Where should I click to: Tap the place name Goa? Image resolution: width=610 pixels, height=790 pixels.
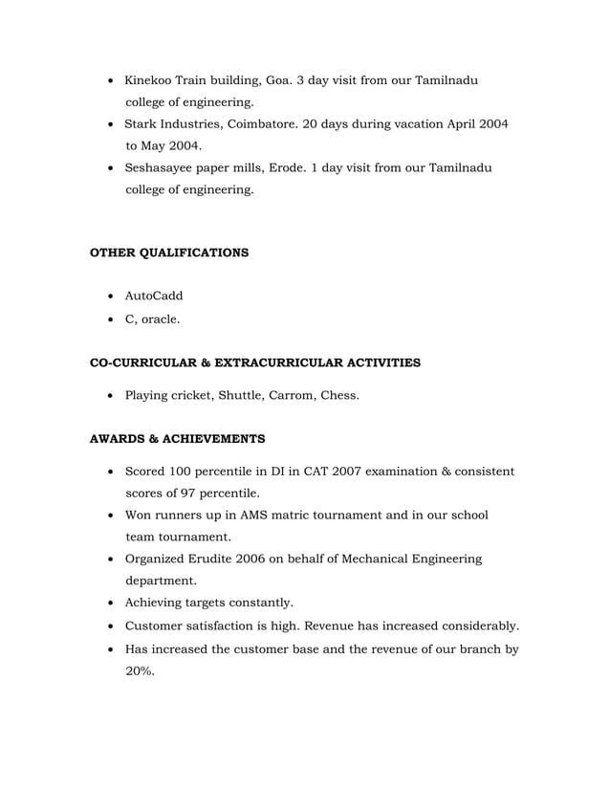pos(287,79)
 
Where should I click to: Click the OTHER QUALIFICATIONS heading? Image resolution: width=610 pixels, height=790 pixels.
pos(168,253)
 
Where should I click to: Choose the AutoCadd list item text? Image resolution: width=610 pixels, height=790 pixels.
pos(154,296)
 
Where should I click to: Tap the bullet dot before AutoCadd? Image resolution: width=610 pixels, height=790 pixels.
pos(114,297)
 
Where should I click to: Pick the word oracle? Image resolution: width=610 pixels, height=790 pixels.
pos(161,319)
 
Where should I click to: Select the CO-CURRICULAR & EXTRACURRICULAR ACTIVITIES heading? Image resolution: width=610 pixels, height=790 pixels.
pos(254,363)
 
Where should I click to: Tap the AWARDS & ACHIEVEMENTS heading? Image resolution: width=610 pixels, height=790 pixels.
pos(177,440)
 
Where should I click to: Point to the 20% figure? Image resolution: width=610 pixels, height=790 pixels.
pos(140,671)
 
